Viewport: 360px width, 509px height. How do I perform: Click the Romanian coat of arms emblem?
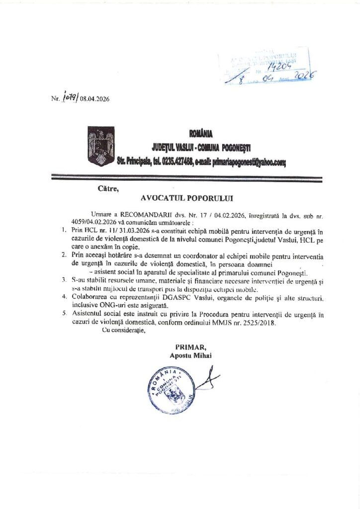click(101, 146)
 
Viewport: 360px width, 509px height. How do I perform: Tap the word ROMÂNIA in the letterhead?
click(200, 133)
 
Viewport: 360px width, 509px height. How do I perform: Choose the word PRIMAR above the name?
click(186, 346)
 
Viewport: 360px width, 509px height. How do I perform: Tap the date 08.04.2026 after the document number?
click(90, 99)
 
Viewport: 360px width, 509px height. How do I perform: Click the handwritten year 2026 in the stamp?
click(303, 75)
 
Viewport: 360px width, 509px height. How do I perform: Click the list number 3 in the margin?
click(64, 280)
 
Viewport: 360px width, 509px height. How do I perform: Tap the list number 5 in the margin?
click(64, 314)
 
